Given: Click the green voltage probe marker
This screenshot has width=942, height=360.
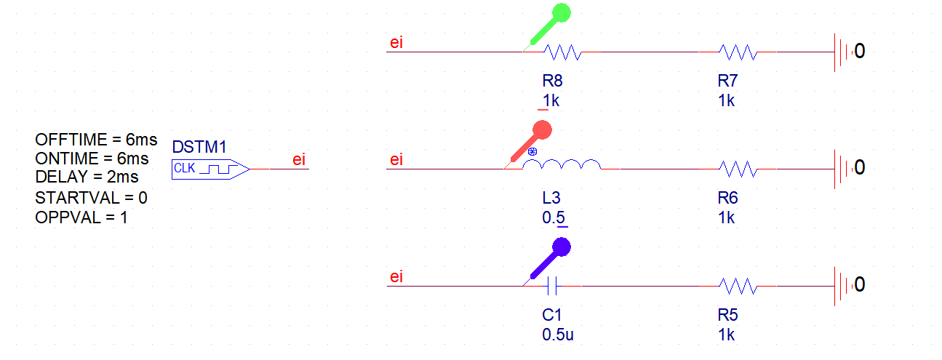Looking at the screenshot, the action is click(560, 14).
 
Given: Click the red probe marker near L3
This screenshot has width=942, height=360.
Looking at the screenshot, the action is click(541, 132).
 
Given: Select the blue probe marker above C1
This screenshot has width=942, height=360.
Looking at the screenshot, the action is click(560, 248).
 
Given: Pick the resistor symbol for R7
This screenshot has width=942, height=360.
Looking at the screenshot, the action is click(738, 52).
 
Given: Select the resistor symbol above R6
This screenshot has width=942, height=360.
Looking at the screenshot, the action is click(738, 169).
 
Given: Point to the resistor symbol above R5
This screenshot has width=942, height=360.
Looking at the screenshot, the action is click(738, 286).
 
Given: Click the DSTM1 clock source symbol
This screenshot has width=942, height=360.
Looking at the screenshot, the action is click(211, 169).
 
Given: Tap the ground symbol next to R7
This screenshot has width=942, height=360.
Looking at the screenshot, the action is click(841, 52).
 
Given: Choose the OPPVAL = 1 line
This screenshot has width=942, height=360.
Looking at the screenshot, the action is click(81, 217).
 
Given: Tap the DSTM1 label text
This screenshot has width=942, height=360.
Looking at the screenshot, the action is click(196, 148).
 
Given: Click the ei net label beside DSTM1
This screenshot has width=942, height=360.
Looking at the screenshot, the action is click(299, 160).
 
